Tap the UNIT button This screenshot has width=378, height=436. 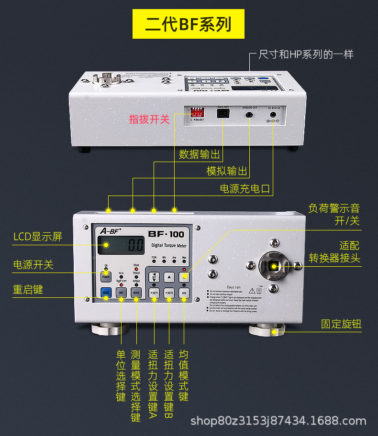point(121,292)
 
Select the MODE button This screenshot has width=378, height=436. point(136,292)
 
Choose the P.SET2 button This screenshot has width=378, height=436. point(169,293)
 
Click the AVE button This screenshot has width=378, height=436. point(184,293)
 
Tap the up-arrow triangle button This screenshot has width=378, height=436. point(169,276)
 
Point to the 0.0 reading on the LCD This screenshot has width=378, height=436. point(135,246)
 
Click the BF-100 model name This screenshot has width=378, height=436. point(166,234)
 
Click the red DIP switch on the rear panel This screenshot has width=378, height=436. point(196,112)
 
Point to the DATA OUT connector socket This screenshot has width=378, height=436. point(222,114)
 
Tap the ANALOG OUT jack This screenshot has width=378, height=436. point(249,114)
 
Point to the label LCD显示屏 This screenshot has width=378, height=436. point(37,237)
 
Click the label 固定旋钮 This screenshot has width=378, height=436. point(341,324)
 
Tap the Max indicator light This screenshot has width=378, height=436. point(184,262)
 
